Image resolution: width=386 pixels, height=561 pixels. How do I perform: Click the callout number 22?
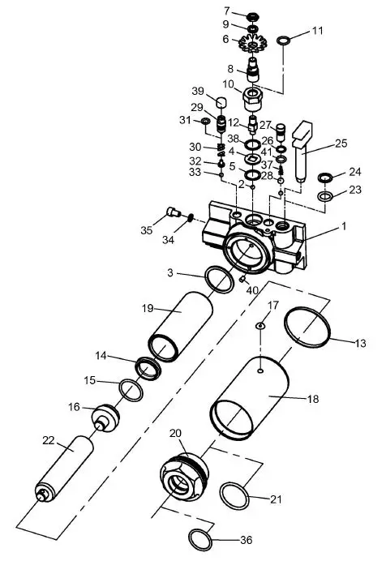[x=49, y=440]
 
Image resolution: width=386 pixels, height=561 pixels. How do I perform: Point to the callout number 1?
[x=343, y=227]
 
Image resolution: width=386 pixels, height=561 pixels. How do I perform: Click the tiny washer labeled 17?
[x=259, y=326]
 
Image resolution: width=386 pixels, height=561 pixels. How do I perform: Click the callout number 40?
[x=253, y=289]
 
